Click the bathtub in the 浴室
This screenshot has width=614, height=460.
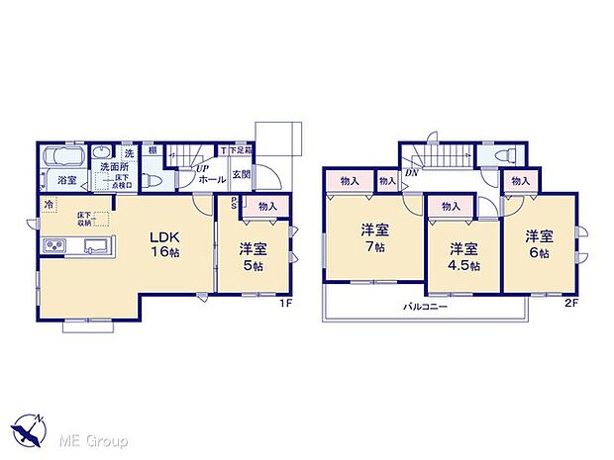pos(64,156)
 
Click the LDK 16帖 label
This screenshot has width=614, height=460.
pos(164,243)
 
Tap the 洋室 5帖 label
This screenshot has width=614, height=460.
pos(251,256)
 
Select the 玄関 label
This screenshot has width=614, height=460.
pos(241,175)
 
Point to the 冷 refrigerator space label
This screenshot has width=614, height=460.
pos(49,205)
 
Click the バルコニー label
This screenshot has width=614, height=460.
pos(428,308)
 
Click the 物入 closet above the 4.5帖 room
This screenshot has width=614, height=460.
pos(451,207)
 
